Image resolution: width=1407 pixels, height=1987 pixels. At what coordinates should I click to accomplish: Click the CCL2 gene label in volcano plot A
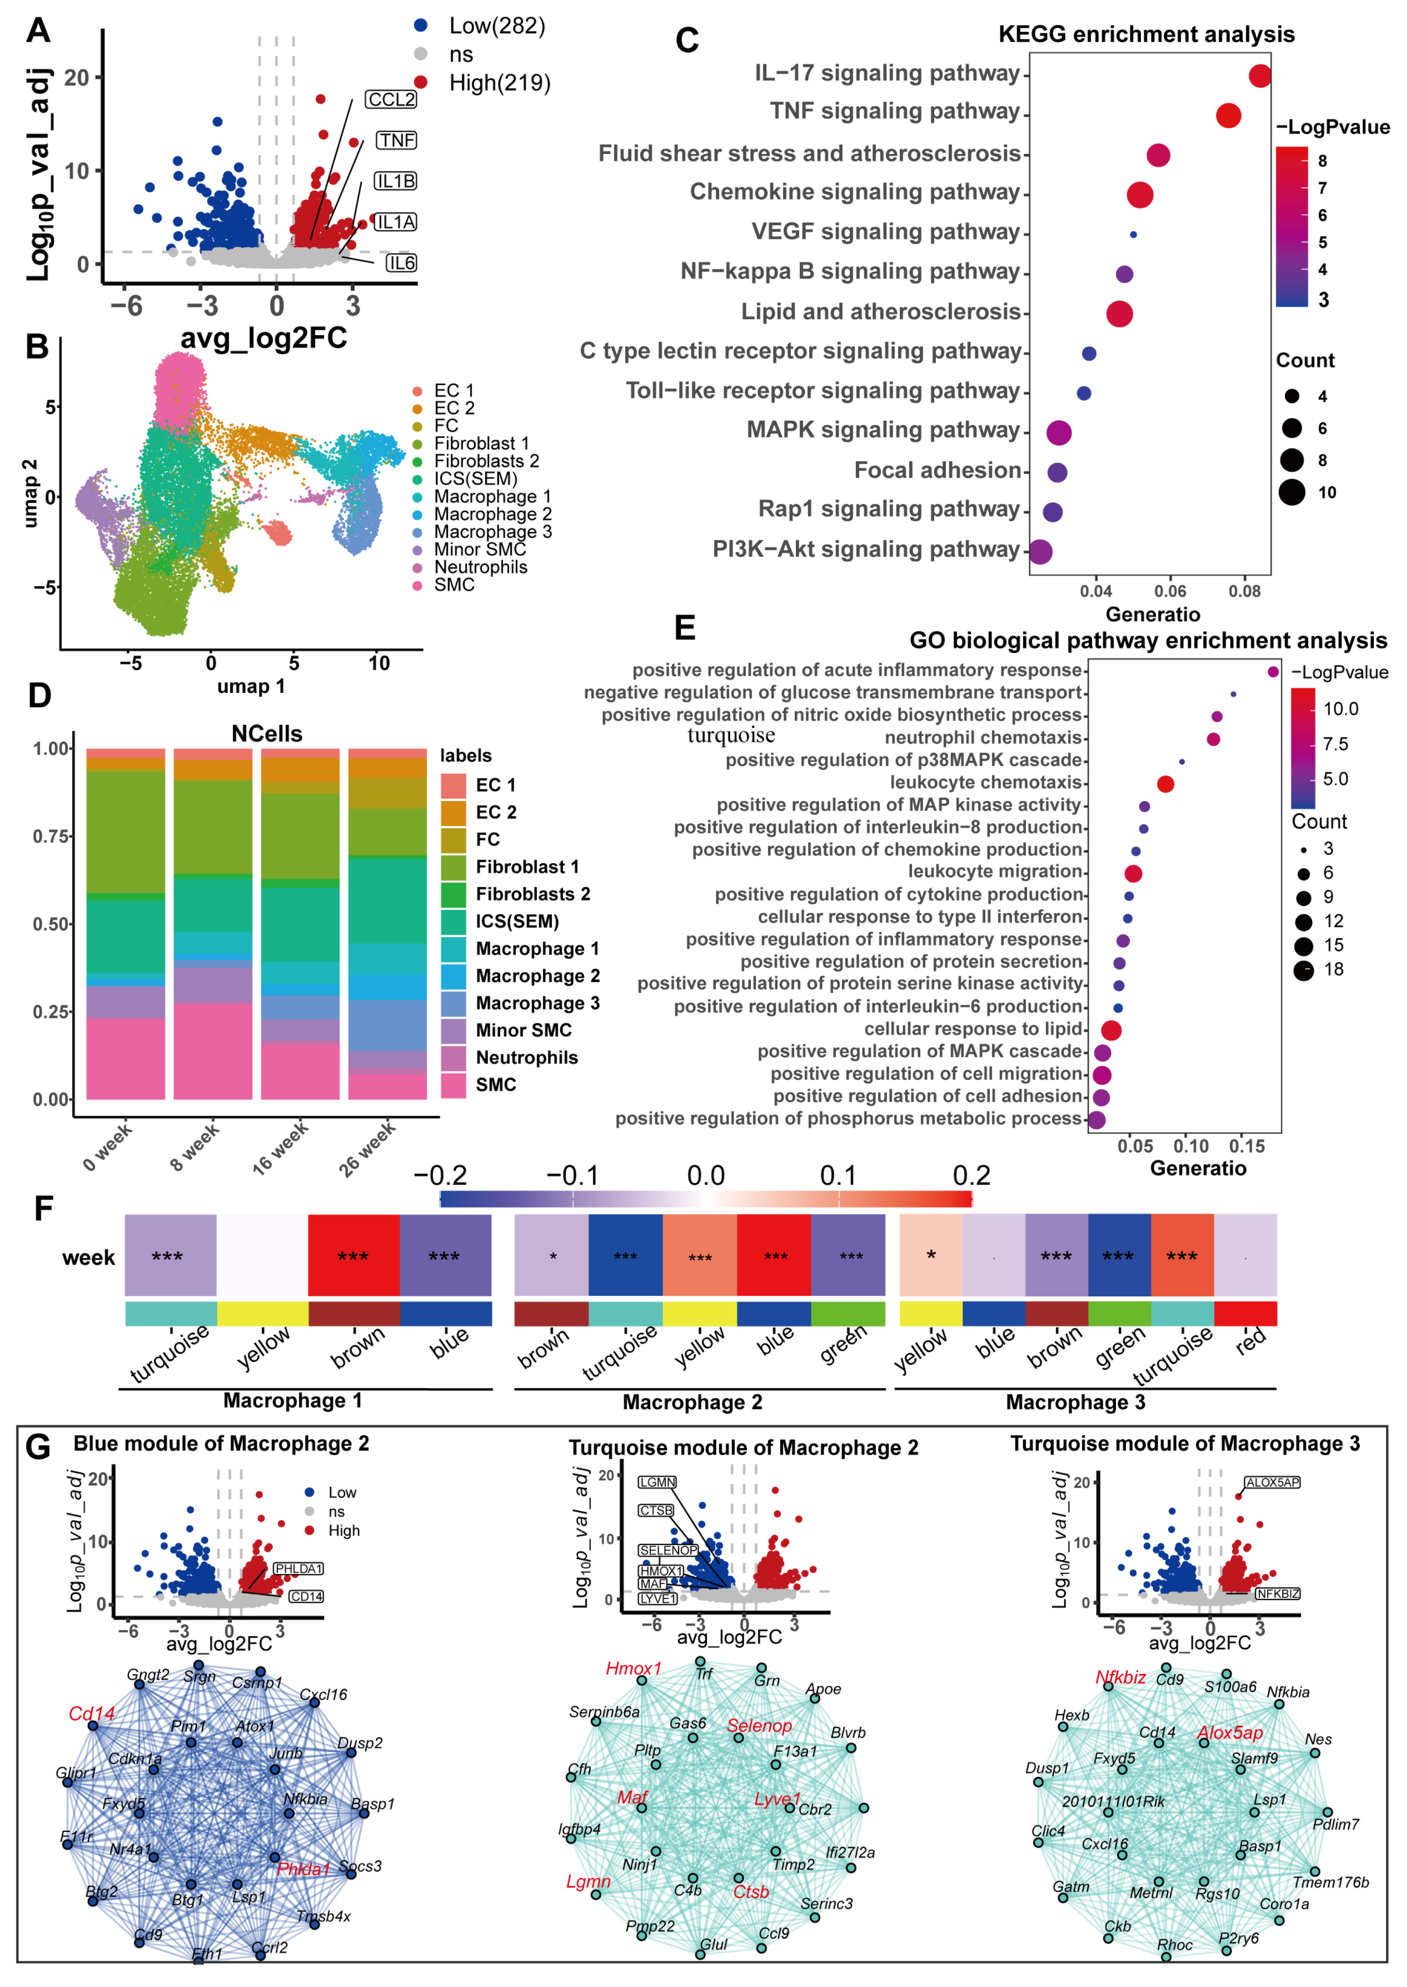tap(392, 99)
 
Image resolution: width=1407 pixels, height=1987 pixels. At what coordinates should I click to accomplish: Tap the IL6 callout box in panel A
tap(401, 263)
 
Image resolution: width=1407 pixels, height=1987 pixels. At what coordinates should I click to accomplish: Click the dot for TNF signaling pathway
tap(1227, 115)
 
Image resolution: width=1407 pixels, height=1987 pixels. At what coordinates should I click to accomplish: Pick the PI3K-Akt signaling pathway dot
tap(1040, 552)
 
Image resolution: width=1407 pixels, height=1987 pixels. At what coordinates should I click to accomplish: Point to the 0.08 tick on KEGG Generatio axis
tap(1244, 592)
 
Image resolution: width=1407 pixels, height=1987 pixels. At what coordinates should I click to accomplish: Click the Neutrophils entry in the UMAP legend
tap(480, 567)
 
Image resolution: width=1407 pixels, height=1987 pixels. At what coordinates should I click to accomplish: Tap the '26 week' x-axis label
tap(367, 1148)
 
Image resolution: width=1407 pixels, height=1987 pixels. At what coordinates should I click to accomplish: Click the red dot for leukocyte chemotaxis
tap(1165, 784)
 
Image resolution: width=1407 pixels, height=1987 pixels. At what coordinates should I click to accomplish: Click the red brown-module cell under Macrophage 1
tap(353, 1255)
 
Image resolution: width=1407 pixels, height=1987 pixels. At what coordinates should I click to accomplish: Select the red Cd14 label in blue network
tap(92, 1714)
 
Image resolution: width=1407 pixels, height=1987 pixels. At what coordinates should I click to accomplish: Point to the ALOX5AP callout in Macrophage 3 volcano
tap(1272, 1483)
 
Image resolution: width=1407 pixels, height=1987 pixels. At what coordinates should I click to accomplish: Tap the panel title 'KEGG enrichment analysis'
tap(1146, 35)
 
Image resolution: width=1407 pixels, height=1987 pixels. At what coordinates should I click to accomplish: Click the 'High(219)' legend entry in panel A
tap(499, 83)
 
